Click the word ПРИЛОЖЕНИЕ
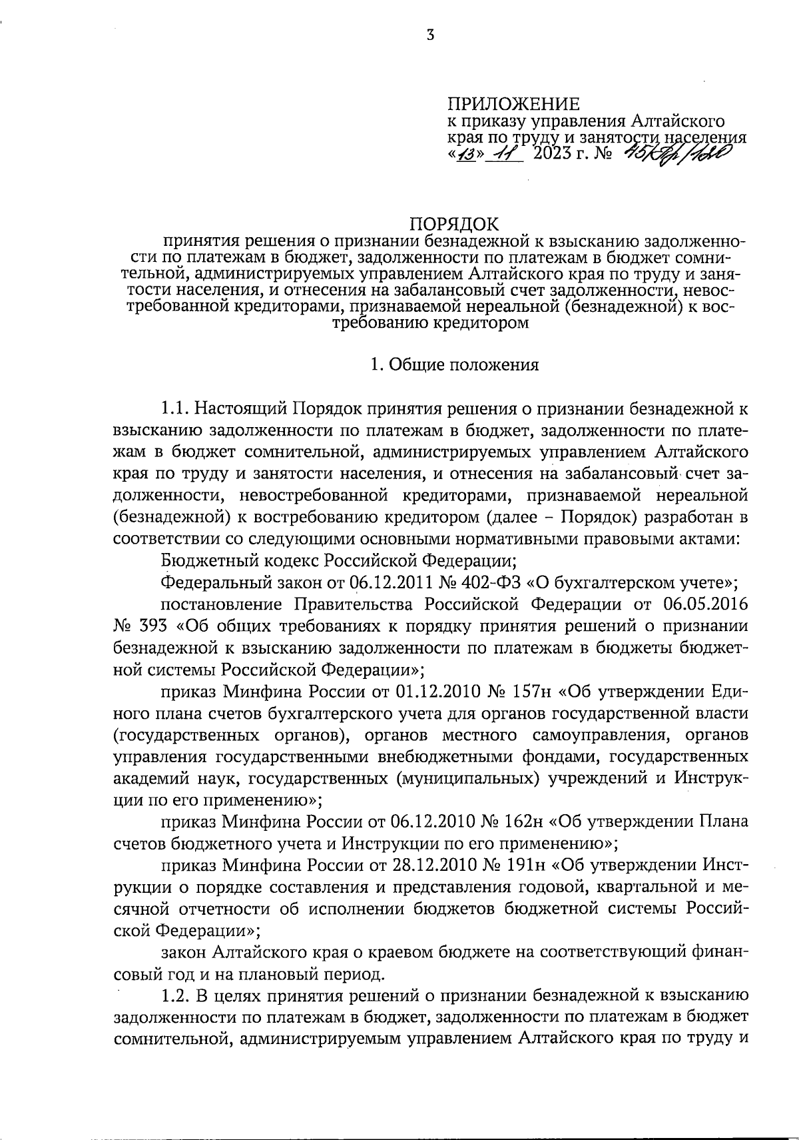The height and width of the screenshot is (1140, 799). (x=513, y=104)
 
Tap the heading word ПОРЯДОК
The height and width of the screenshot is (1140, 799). (x=453, y=223)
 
